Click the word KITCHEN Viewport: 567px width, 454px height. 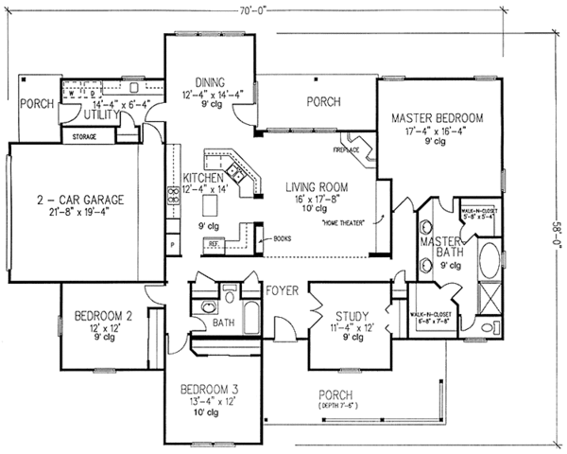[203, 177]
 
